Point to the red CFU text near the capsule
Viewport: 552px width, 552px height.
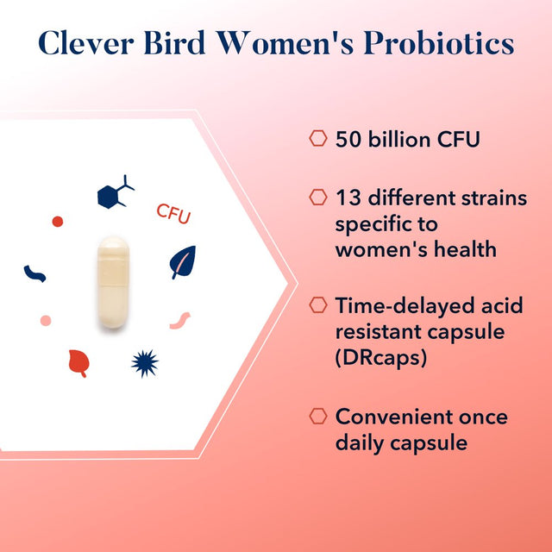click(173, 213)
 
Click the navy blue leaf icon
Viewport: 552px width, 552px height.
click(182, 261)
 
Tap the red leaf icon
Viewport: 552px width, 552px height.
click(78, 363)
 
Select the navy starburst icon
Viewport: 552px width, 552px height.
click(145, 363)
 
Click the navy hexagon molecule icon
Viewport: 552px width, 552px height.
click(112, 193)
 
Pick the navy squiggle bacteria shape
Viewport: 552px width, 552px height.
click(34, 273)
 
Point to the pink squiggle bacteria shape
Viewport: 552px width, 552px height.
click(180, 320)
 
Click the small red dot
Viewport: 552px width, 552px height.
click(58, 222)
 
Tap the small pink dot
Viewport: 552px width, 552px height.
click(46, 320)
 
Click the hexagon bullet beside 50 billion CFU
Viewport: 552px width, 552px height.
click(318, 139)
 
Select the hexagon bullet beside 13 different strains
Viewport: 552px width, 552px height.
click(318, 198)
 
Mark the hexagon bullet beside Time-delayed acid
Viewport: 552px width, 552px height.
click(318, 305)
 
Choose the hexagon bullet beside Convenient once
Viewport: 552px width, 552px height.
click(318, 416)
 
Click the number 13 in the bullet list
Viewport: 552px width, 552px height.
click(347, 198)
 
